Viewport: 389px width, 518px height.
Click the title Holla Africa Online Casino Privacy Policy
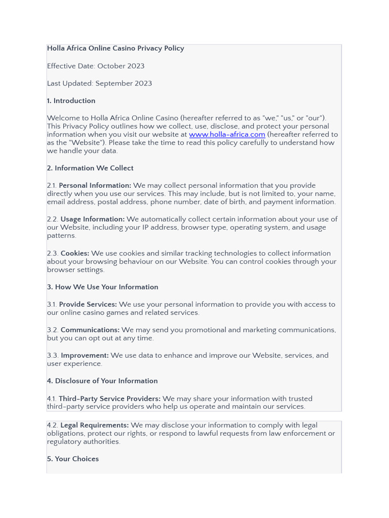(115, 49)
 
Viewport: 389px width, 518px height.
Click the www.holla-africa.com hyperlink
(227, 135)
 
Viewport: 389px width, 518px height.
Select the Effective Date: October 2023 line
(96, 66)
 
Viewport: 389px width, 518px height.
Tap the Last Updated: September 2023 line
(99, 83)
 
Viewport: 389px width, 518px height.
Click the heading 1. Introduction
(71, 101)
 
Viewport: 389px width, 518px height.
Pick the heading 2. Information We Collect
(90, 168)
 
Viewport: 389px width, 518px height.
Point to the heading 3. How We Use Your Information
(102, 287)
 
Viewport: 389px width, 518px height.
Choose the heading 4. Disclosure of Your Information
(102, 381)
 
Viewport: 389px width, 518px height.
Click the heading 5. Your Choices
(73, 459)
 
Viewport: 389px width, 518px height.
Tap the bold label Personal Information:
(95, 186)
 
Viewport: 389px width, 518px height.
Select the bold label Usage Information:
(93, 219)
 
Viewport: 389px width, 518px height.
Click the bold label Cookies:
(75, 253)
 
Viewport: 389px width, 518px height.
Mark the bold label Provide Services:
(88, 305)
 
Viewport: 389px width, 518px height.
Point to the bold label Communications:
(90, 330)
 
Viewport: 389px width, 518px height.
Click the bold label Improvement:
(85, 356)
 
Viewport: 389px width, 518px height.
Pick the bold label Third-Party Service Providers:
(110, 399)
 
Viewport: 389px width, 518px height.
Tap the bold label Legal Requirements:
(95, 425)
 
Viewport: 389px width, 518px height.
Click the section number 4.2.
(53, 425)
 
